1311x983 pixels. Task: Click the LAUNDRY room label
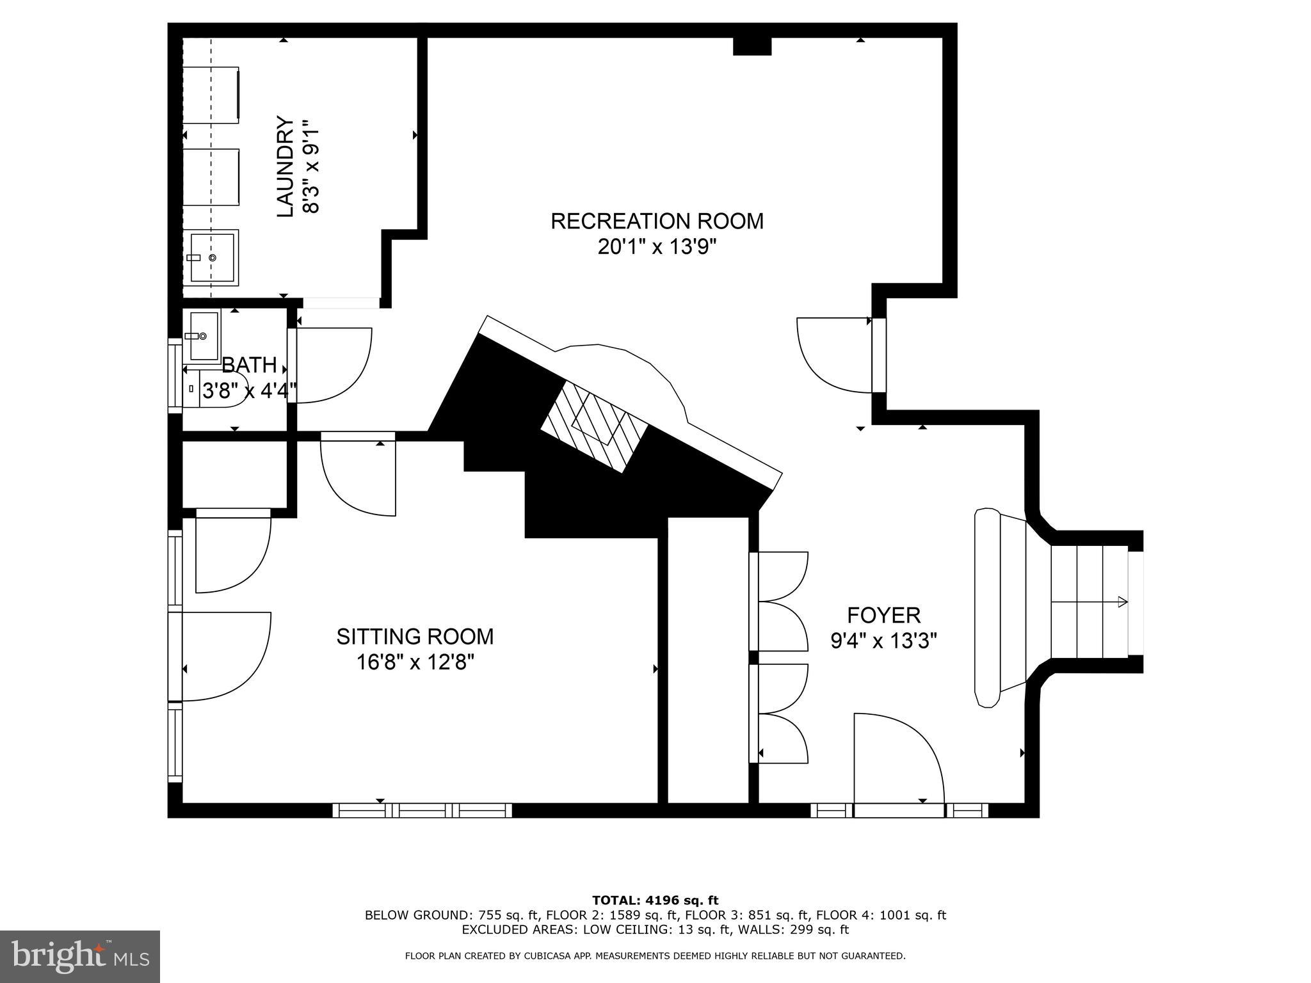pos(285,166)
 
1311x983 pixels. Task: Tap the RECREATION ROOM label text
pos(657,221)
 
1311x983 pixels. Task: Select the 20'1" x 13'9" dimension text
pos(657,247)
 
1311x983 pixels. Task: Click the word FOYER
pos(883,616)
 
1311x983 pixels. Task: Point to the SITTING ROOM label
pos(415,637)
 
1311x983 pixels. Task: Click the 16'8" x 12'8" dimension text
pos(415,662)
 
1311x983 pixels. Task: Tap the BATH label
pos(249,365)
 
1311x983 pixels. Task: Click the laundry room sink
pos(214,257)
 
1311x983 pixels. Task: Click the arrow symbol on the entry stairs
pos(1122,602)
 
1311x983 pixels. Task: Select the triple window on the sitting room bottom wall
pos(422,811)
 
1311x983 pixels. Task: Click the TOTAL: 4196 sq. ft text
pos(655,901)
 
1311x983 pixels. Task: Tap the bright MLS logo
pos(80,957)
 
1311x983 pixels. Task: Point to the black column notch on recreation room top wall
pos(752,45)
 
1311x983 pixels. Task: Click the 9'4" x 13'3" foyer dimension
pos(883,641)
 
